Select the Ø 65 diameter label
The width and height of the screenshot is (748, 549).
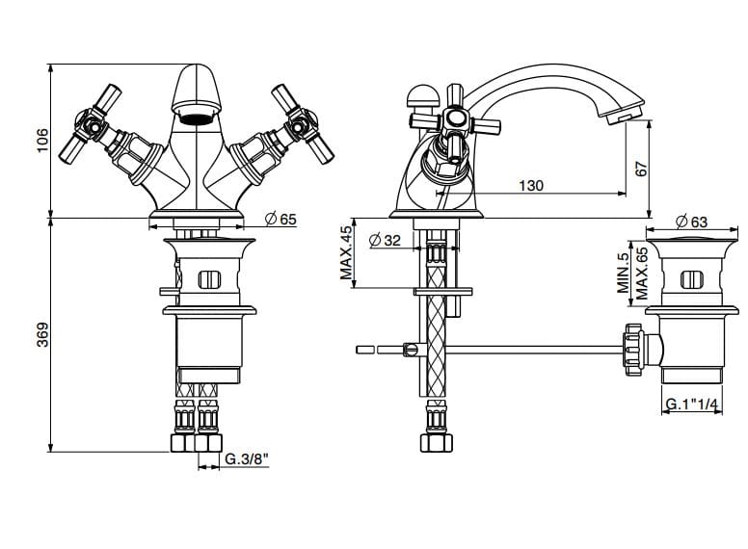coord(280,220)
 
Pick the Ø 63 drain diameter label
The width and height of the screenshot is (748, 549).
coord(691,222)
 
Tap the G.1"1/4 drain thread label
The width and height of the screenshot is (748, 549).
coord(690,405)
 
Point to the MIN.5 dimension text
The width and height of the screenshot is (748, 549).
coord(624,274)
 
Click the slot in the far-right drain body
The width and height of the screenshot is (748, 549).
coord(690,281)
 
